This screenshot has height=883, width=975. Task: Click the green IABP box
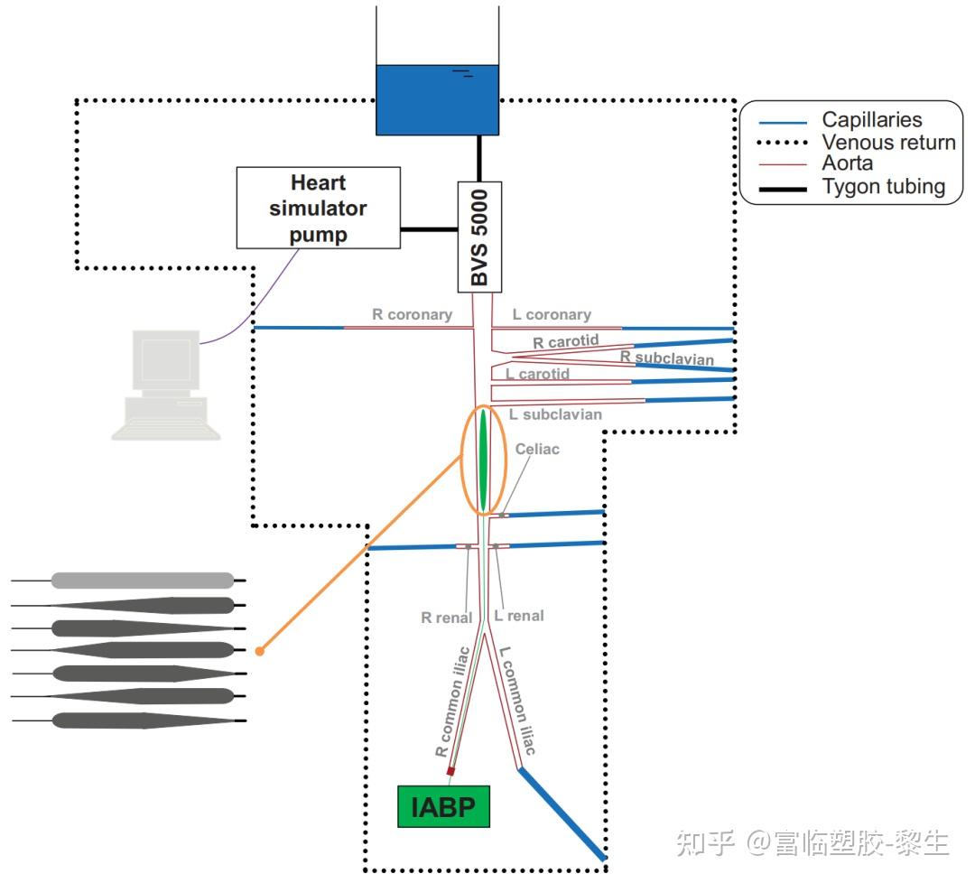pos(443,806)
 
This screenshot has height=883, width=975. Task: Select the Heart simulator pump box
pos(318,208)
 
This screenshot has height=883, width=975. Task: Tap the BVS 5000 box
pos(479,237)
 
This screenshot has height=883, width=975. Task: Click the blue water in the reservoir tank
pos(437,99)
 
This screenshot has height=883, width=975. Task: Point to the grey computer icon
pos(166,384)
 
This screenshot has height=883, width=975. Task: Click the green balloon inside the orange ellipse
pos(484,460)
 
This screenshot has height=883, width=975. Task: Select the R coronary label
pos(412,315)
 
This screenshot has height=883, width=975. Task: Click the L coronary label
pos(552,315)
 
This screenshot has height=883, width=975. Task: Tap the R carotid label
pos(565,342)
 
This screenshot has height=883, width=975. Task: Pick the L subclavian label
pos(555,414)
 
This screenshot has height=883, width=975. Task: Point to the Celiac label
pos(537,449)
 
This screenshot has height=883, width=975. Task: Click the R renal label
pos(446,618)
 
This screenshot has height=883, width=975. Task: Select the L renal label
pos(519,616)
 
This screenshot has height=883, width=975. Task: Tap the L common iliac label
pos(518,701)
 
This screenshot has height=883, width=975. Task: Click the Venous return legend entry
pos(887,142)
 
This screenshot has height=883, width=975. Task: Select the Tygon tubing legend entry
pos(883,187)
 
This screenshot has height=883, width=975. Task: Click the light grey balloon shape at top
pos(143,581)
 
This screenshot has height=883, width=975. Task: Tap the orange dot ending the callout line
pos(259,650)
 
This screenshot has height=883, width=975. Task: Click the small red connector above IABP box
pos(450,772)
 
